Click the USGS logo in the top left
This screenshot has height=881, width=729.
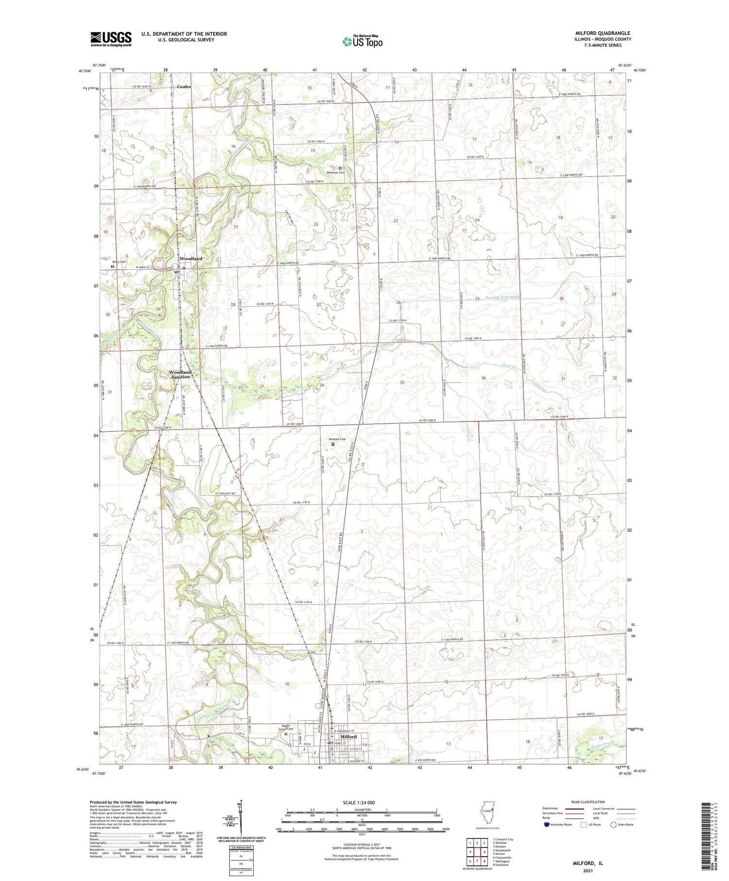(x=111, y=39)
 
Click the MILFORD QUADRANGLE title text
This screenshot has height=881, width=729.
(x=602, y=33)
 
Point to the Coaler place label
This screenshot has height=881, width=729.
(x=184, y=86)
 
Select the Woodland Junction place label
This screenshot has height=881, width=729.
(x=180, y=374)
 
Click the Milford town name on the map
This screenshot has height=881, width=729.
(x=348, y=736)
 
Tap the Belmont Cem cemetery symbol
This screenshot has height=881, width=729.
(x=340, y=169)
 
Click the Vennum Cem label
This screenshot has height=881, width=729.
(x=337, y=439)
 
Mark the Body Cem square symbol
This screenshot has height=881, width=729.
(x=112, y=266)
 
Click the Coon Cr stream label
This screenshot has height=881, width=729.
(x=508, y=365)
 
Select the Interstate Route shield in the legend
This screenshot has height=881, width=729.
(x=546, y=825)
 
